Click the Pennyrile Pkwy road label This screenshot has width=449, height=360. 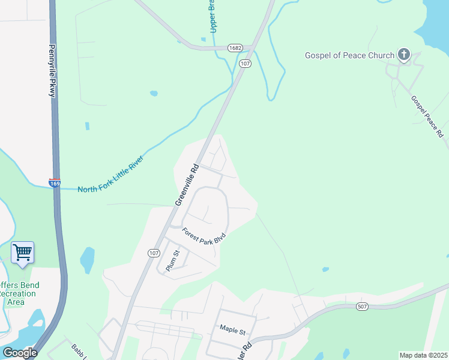point(52,71)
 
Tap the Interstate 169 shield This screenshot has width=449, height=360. point(55,182)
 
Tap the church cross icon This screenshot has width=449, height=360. point(404,56)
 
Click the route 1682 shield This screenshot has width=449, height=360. point(235,47)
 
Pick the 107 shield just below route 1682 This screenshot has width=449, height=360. point(244,63)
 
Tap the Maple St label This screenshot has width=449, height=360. point(233,329)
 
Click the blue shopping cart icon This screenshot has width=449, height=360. point(23,253)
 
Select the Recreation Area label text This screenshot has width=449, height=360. point(17,298)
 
